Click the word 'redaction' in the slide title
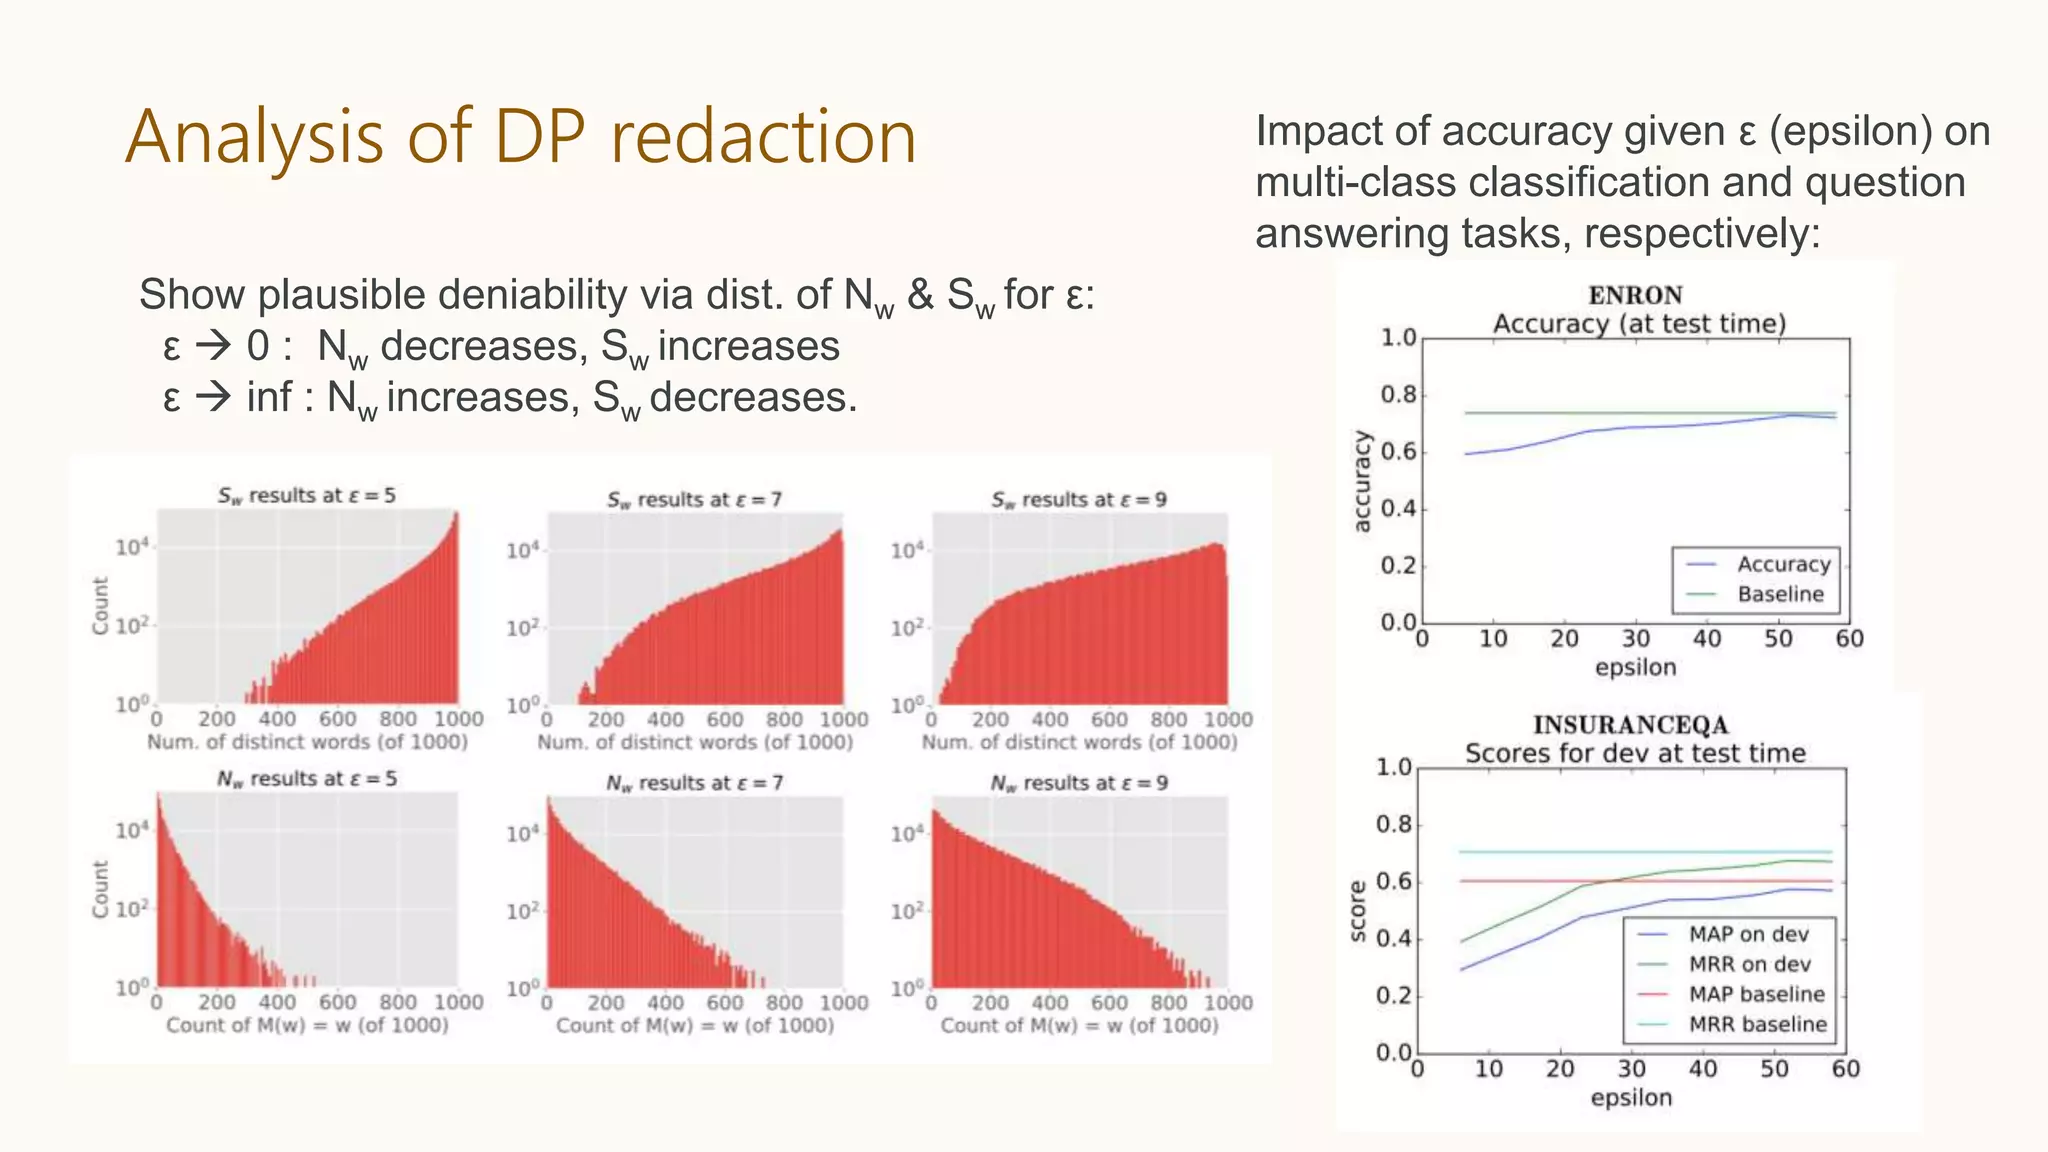763,137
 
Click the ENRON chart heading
1635,295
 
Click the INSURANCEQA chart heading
1630,725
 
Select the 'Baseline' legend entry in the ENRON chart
1780,594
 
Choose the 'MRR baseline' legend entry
1757,1024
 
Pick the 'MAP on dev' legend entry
1748,934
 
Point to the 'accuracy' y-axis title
1361,481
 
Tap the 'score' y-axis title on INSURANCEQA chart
1357,911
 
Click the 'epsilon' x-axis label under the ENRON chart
1635,667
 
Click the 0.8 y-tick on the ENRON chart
1398,395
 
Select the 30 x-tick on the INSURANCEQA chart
1631,1069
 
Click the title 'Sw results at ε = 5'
307,496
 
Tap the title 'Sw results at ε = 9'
1079,500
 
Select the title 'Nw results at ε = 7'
694,784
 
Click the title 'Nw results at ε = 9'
1079,784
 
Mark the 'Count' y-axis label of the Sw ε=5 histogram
100,605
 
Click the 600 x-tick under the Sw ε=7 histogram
724,719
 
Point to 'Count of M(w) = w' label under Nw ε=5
307,1025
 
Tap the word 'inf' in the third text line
269,397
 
